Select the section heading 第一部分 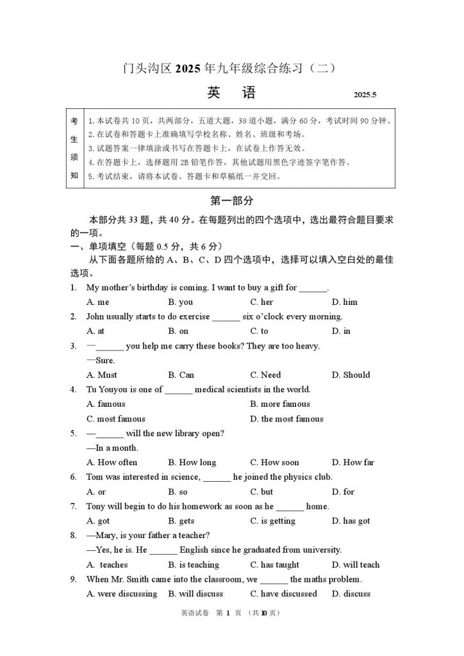[x=231, y=201]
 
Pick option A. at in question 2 [x=95, y=331]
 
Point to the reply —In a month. [x=112, y=448]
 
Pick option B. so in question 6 [x=178, y=492]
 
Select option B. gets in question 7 [x=181, y=521]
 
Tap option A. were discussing [x=122, y=594]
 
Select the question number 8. [x=74, y=536]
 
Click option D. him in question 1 [x=345, y=302]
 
